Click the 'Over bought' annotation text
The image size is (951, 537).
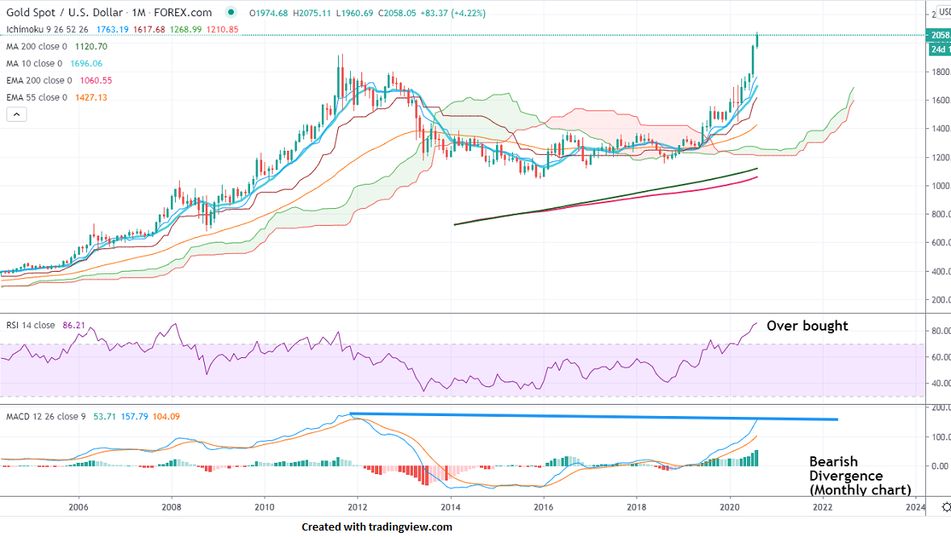tap(807, 326)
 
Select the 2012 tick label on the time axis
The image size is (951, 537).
tap(357, 508)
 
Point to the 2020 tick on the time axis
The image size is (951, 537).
tap(730, 508)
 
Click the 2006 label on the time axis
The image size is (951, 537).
tap(78, 508)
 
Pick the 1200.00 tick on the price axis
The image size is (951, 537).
tap(936, 157)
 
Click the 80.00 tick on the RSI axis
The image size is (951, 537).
tap(936, 331)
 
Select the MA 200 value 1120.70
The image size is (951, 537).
tap(91, 47)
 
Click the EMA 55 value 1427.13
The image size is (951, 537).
tap(90, 98)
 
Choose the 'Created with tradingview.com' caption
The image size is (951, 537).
tap(377, 527)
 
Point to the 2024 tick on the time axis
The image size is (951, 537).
tap(916, 508)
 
